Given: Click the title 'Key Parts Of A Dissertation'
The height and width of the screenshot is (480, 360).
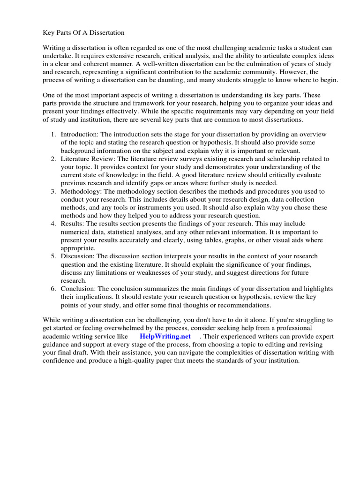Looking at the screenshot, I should [83, 33].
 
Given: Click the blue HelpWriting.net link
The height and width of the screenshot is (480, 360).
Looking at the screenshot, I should [165, 336].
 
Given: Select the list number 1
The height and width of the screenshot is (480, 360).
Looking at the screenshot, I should [53, 135].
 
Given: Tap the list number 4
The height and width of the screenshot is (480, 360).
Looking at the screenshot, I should [53, 224].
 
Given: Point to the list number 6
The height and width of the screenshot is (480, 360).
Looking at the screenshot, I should [53, 289].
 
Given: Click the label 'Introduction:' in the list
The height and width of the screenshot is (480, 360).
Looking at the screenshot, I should [80, 135].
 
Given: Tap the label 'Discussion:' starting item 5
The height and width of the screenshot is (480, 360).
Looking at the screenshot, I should [78, 256].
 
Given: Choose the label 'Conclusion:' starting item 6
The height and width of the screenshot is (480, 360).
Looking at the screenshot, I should [79, 289].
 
